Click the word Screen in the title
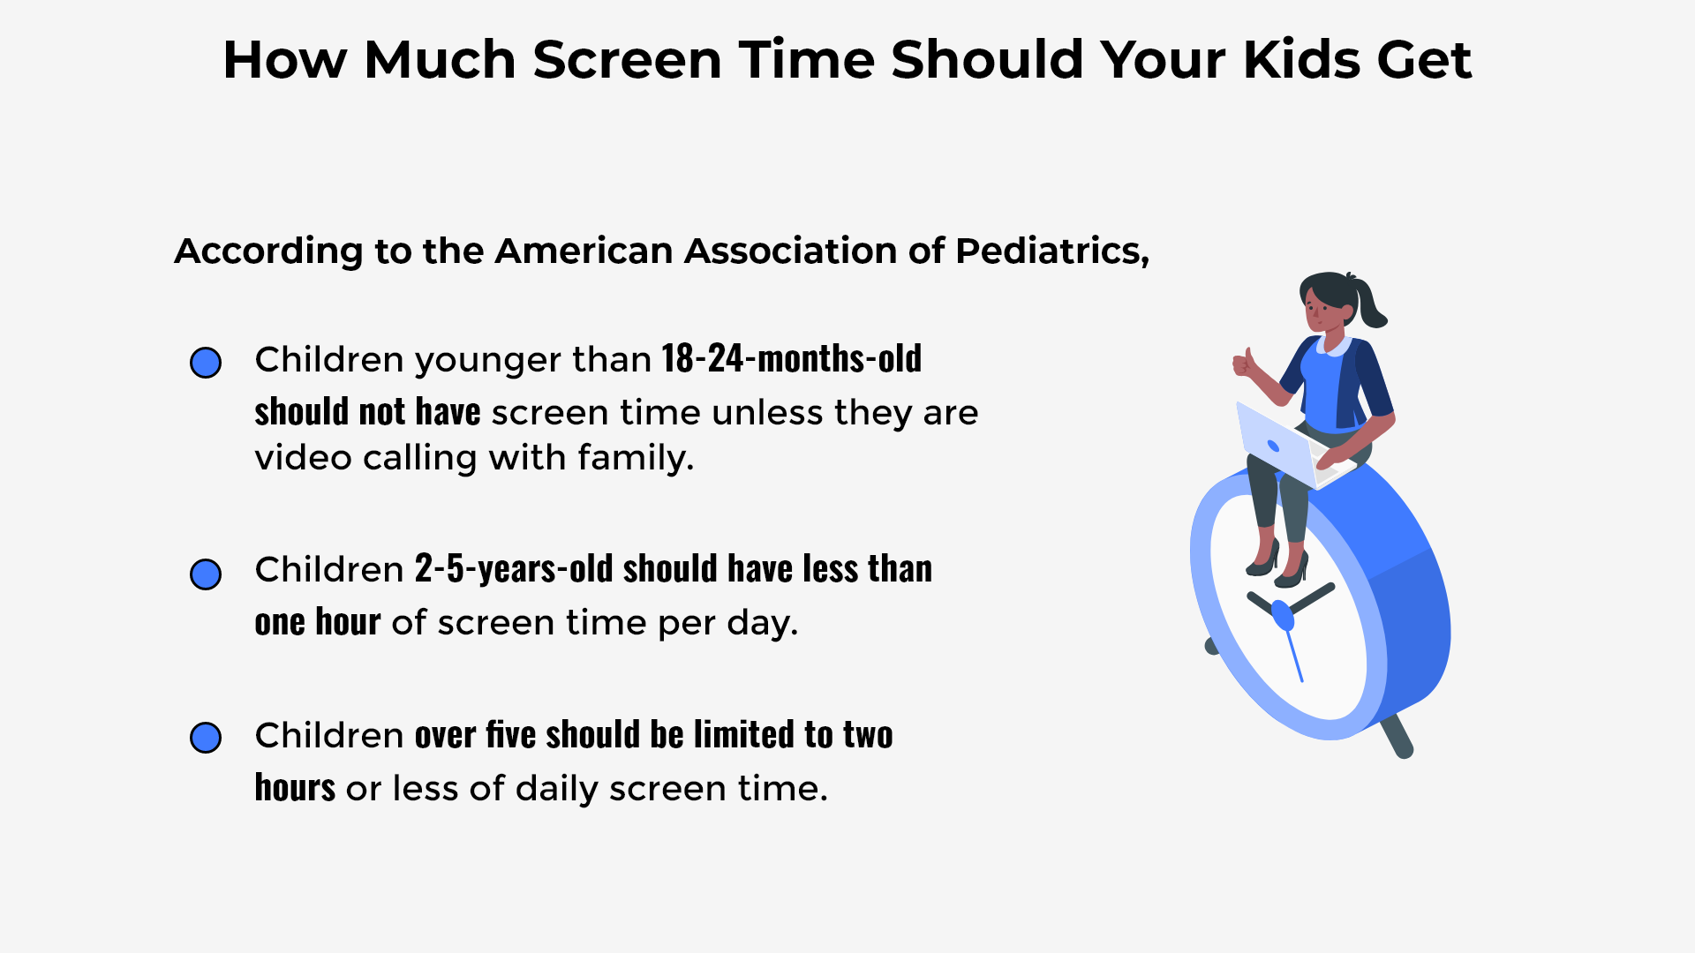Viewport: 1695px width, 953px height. [627, 60]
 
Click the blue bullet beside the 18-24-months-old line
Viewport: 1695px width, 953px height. [206, 363]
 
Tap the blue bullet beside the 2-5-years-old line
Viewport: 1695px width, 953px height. [206, 574]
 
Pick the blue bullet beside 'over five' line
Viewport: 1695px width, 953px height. [206, 738]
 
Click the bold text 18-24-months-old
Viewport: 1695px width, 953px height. [791, 359]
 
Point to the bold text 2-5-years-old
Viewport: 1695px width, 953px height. [514, 569]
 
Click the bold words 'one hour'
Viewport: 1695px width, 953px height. [318, 622]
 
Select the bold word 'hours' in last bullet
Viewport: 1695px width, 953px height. [295, 788]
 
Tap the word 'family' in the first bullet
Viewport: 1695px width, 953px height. [634, 458]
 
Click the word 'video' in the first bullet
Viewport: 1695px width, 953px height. [303, 458]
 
